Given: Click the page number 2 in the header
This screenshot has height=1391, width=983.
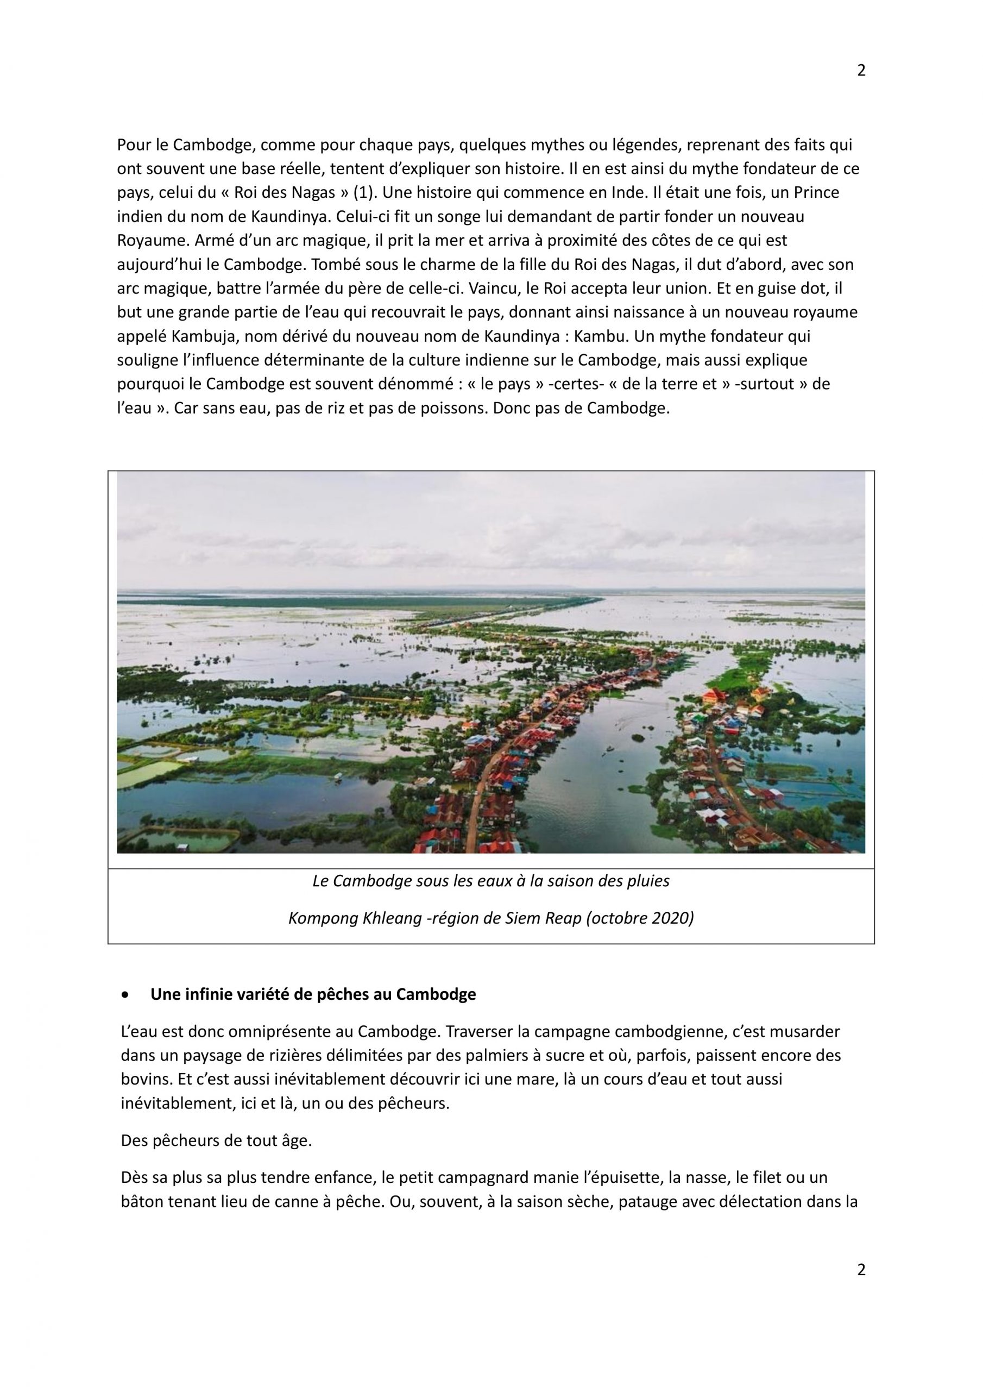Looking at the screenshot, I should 861,71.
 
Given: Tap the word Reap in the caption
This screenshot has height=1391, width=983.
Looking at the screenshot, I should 562,918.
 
